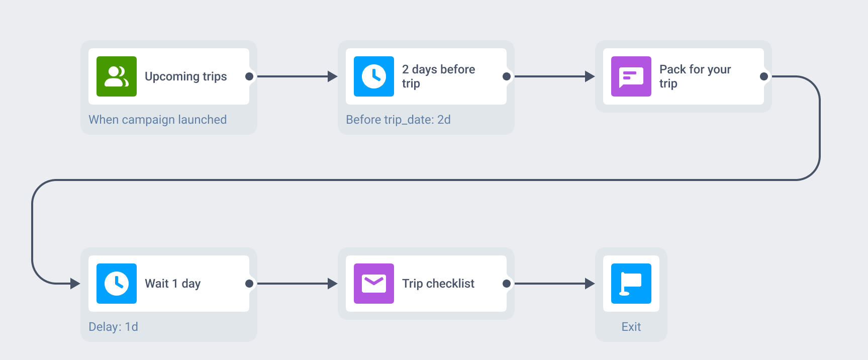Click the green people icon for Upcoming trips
tap(117, 76)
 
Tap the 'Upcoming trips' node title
tap(186, 76)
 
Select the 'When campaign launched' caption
tap(158, 120)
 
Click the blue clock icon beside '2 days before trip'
tap(374, 76)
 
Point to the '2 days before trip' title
tap(438, 76)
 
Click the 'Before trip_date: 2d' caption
tap(398, 120)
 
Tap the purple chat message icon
tap(631, 76)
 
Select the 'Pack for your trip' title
tap(695, 76)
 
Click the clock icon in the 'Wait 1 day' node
tap(117, 284)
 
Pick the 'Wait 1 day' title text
tap(173, 284)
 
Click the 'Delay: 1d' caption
tap(113, 327)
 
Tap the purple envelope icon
tap(374, 284)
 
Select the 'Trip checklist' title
tap(438, 284)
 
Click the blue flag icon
tap(631, 284)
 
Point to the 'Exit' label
tap(631, 327)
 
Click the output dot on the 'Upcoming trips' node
tap(249, 76)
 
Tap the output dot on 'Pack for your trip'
tap(764, 76)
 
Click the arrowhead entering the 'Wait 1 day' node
tap(75, 284)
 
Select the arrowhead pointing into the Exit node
tap(590, 284)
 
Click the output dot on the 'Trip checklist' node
tap(507, 284)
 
